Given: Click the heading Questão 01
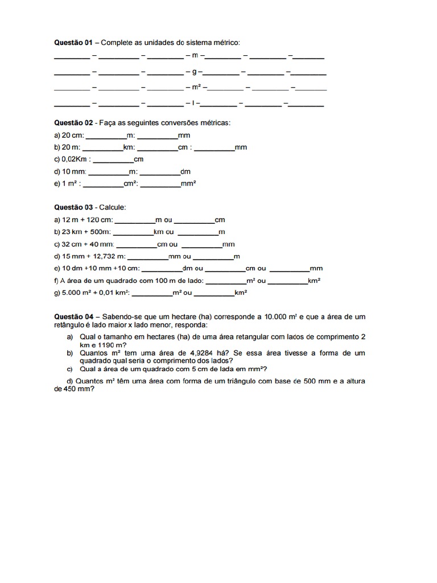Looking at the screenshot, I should (73, 42).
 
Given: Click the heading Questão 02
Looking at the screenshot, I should (73, 122).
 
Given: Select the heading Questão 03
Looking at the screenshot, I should (73, 207).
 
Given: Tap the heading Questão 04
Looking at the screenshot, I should (73, 316).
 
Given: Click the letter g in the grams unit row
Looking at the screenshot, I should (194, 72).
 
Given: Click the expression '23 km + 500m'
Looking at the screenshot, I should (86, 232).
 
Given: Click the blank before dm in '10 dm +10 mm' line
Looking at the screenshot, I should (161, 269).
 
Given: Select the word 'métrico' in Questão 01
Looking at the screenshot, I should (226, 42).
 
